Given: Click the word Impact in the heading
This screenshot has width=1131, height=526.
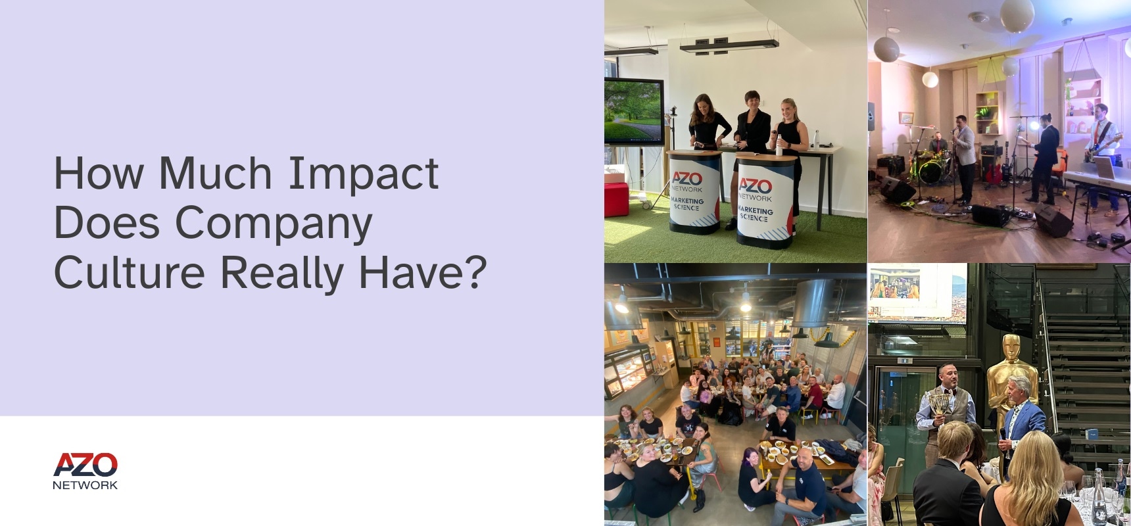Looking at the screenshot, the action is coord(364,174).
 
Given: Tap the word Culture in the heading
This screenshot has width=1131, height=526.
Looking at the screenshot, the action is coord(129,272).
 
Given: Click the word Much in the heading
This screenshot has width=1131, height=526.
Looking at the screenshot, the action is coord(215,174).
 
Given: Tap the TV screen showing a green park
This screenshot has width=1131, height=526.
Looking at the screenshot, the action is coord(634,110).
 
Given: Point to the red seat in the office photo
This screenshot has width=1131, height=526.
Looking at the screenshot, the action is coord(616,199).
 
